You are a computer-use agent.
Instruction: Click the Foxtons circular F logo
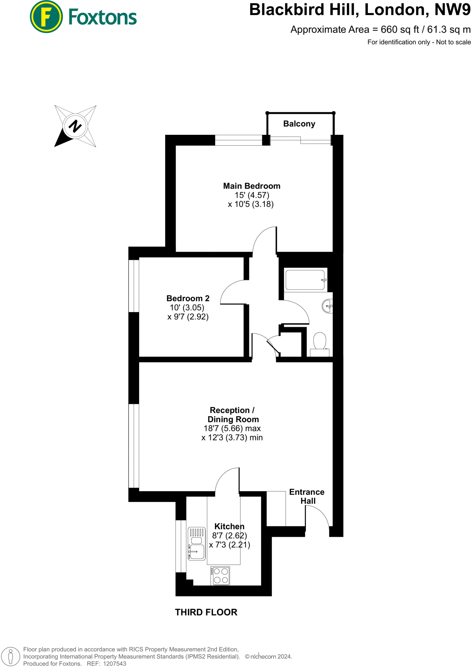(46, 17)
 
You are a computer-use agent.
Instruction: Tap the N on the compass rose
(75, 126)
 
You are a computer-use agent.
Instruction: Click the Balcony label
(299, 124)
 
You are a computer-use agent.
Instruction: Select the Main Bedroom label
(251, 186)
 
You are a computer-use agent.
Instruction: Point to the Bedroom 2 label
(188, 298)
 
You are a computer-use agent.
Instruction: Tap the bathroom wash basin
(327, 306)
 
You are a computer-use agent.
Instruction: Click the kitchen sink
(196, 544)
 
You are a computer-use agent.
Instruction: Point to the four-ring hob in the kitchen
(221, 576)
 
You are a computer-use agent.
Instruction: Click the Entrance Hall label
(307, 496)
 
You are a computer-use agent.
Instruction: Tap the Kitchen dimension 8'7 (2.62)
(229, 535)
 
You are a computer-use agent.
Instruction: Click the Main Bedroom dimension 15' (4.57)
(252, 195)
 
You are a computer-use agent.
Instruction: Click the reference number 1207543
(115, 663)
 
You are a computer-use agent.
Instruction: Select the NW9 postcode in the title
(453, 9)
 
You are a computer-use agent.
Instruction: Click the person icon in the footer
(10, 656)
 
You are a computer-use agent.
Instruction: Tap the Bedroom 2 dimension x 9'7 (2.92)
(188, 317)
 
